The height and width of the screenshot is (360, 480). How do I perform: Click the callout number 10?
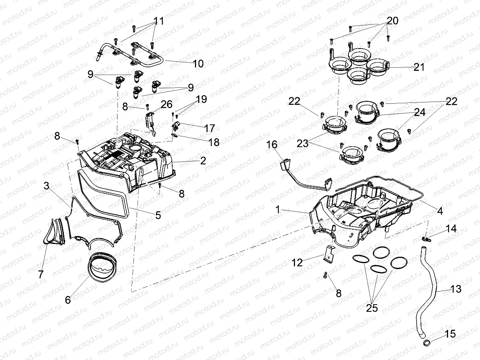pos(198,63)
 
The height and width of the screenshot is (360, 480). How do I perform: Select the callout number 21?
pos(419,67)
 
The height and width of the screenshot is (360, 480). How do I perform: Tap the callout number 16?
pos(271,144)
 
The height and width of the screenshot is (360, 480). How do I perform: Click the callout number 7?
pos(41,274)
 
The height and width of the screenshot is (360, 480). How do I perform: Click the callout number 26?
pos(166,105)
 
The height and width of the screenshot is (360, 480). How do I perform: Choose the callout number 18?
pos(214,142)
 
